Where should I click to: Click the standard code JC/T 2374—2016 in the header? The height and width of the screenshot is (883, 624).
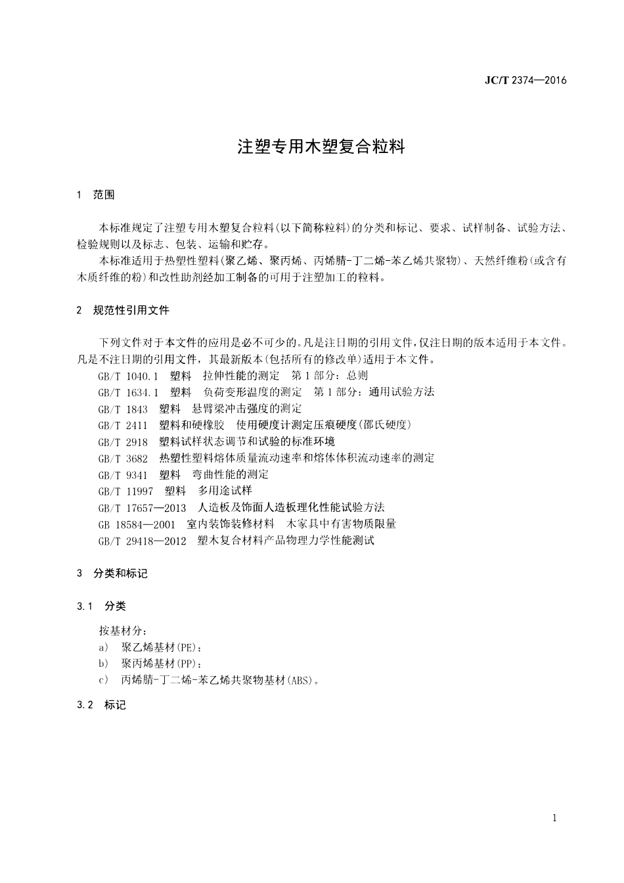click(x=525, y=81)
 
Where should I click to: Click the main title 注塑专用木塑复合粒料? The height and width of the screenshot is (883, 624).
click(x=321, y=146)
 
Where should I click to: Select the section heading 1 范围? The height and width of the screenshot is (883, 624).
click(x=96, y=194)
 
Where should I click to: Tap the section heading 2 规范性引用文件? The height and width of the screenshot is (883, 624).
click(x=123, y=310)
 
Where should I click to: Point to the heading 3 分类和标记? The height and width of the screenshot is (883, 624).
click(x=112, y=574)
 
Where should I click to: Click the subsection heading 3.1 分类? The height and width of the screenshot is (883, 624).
click(x=101, y=606)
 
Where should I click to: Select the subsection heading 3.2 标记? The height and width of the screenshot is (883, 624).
click(x=101, y=705)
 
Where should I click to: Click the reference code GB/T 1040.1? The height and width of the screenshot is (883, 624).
click(x=128, y=376)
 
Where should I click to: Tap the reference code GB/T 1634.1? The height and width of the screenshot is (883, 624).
click(x=128, y=392)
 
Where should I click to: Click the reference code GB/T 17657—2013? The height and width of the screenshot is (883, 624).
click(x=142, y=507)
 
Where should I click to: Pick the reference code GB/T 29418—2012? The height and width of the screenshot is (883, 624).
click(x=142, y=541)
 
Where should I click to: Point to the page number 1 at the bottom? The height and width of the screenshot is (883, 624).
click(x=555, y=818)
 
